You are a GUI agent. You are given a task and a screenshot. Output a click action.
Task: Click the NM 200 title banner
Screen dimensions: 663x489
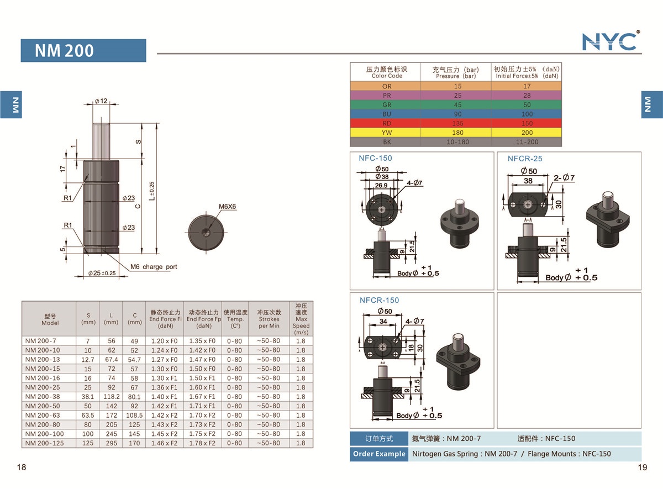[x=83, y=50]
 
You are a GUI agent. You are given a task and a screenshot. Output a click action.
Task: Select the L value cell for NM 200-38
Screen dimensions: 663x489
[x=111, y=397]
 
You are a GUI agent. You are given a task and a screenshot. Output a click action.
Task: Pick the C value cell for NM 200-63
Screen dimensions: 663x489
[x=134, y=416]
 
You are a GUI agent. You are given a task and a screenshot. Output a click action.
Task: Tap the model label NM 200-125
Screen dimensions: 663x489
[x=44, y=443]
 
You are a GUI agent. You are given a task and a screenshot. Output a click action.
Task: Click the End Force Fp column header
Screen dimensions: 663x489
[x=204, y=319]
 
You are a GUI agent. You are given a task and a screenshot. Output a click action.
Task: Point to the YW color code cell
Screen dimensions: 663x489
[x=387, y=133]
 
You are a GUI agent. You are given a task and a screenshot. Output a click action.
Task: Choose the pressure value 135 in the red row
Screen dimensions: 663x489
[x=457, y=123]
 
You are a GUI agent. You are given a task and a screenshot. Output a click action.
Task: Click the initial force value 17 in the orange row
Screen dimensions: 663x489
[x=527, y=86]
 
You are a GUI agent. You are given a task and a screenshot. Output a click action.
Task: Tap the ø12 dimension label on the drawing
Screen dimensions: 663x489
[x=101, y=101]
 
